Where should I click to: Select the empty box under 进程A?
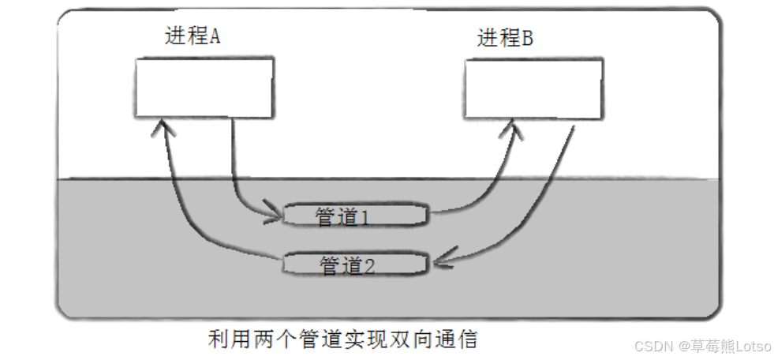point(204,87)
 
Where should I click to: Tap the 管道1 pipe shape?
point(356,216)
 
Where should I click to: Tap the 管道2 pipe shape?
point(356,264)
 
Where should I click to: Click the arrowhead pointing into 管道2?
point(438,261)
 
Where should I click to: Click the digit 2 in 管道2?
point(369,266)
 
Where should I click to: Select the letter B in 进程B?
point(527,38)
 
